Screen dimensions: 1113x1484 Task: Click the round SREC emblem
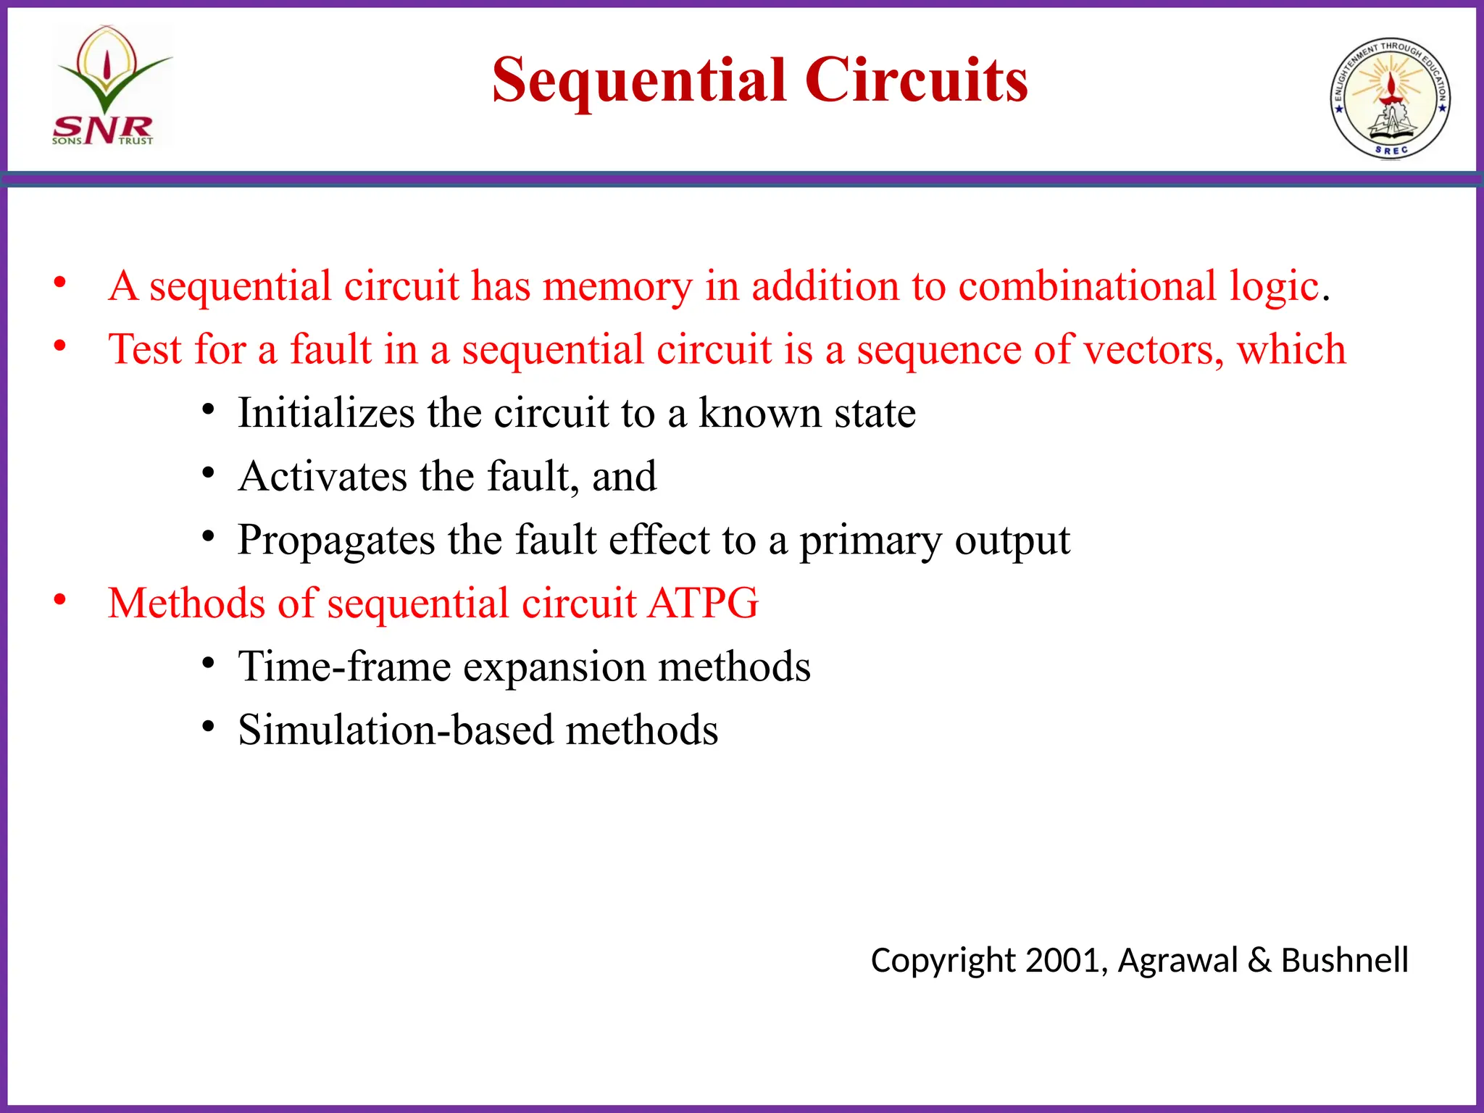coord(1390,98)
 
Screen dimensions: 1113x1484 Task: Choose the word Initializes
coord(326,414)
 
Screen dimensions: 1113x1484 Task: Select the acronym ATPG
coord(703,604)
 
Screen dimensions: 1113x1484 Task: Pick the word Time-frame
coord(344,667)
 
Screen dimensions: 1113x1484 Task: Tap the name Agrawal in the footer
coord(1177,961)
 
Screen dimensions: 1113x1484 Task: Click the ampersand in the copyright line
coord(1259,961)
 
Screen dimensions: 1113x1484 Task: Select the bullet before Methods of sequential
coord(60,600)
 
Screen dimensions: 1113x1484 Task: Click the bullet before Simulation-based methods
coord(209,727)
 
